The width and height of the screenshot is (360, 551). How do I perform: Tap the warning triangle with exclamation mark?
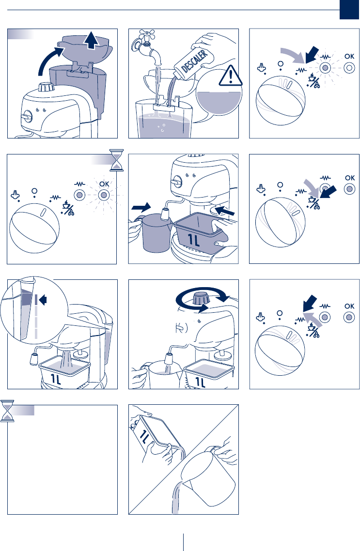[230, 76]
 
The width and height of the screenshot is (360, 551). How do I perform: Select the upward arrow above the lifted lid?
[92, 40]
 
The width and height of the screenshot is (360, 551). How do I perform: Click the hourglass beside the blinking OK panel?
[117, 160]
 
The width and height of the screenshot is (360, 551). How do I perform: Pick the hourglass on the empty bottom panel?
[7, 411]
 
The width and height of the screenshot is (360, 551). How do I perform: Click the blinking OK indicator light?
[104, 195]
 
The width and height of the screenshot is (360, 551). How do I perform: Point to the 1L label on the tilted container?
[145, 436]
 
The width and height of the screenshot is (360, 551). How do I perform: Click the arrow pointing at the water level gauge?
[43, 300]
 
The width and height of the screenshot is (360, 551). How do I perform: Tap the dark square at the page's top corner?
[349, 10]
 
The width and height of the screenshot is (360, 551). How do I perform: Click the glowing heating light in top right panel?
[325, 67]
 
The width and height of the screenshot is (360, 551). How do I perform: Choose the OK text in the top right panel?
[349, 56]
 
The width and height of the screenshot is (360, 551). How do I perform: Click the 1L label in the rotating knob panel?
[201, 382]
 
